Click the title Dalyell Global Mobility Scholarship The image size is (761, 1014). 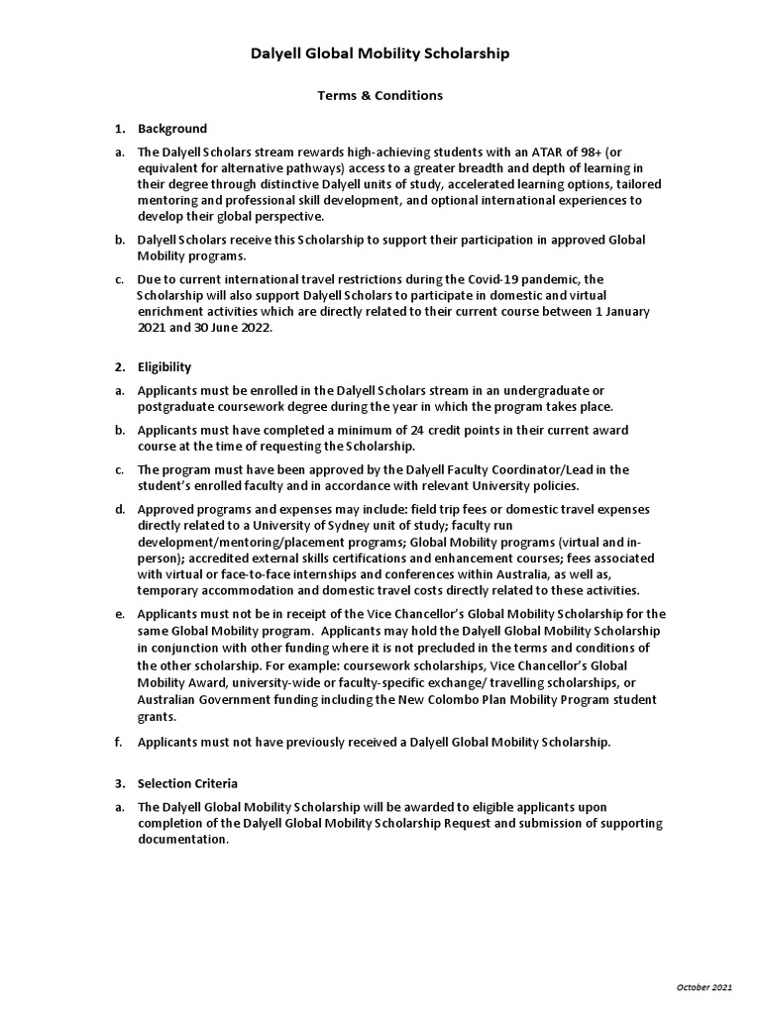(380, 53)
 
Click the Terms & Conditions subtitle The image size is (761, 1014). (380, 96)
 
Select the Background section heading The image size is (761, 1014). (172, 129)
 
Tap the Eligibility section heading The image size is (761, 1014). (164, 367)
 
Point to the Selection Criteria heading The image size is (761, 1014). (188, 783)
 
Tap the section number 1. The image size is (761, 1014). (119, 129)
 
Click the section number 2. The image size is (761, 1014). (119, 367)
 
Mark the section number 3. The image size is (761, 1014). (119, 783)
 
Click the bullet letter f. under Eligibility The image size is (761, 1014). (119, 742)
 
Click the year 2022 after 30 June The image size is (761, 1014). (224, 328)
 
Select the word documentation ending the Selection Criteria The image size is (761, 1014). (183, 839)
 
